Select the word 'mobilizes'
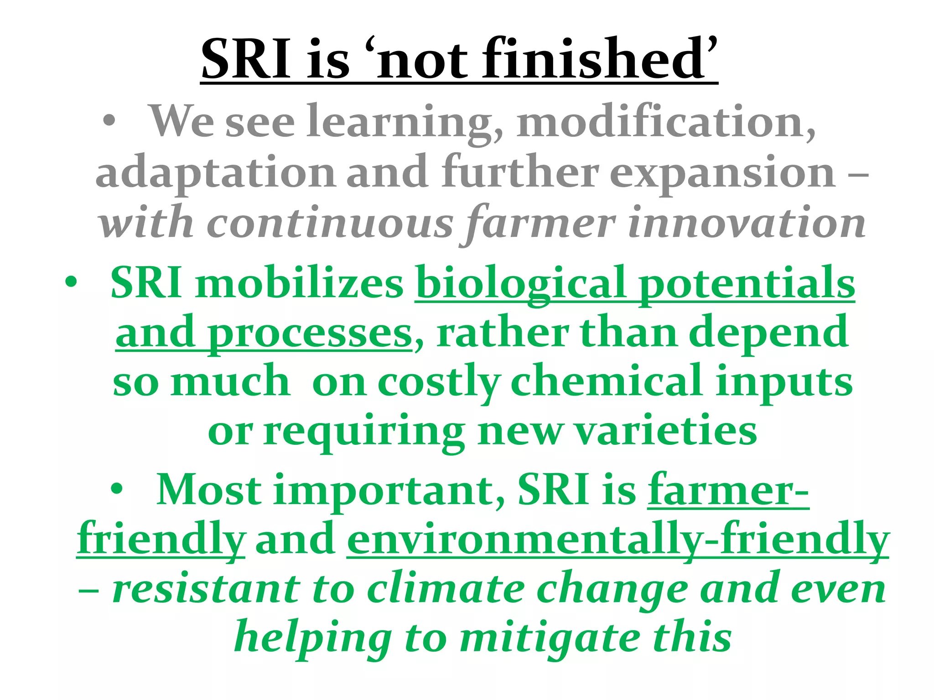[299, 283]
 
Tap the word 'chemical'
[607, 382]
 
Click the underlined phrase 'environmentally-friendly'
[618, 540]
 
